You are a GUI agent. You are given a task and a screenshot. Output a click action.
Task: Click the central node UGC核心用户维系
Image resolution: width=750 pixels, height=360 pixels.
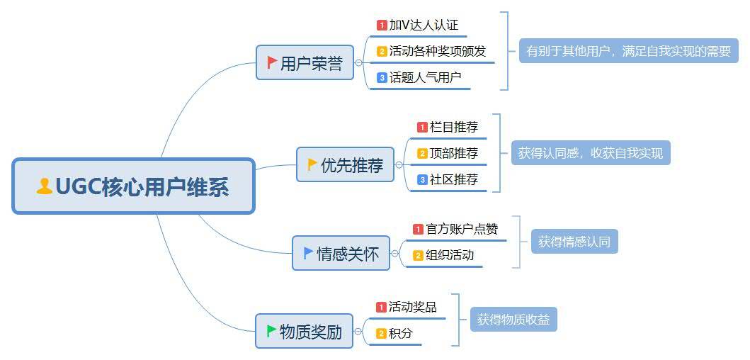133,186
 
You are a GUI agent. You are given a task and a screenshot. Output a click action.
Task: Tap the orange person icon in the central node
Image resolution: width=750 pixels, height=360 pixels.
45,186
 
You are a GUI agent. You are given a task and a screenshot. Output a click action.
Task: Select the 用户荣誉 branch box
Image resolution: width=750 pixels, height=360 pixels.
305,63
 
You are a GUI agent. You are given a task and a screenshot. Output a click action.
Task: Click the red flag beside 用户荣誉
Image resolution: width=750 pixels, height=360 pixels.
272,63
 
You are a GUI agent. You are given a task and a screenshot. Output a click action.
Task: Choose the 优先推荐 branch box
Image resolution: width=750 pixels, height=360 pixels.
345,165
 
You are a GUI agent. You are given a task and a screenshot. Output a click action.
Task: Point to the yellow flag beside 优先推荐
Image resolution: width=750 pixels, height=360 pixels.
312,164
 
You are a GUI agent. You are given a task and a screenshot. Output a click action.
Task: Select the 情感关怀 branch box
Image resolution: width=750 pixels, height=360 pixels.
341,253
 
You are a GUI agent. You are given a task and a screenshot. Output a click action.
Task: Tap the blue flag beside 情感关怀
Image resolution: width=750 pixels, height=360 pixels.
308,252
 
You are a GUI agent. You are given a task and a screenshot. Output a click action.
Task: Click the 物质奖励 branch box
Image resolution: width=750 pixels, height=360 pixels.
304,331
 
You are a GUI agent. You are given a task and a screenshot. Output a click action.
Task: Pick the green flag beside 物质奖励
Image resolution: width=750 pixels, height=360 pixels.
272,330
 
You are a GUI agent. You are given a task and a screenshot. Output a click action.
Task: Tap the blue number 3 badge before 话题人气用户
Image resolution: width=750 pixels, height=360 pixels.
382,77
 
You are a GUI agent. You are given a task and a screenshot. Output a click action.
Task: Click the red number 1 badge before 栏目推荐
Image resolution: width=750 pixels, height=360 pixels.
422,128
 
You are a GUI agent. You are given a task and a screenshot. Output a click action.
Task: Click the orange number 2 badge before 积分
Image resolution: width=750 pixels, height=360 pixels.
381,333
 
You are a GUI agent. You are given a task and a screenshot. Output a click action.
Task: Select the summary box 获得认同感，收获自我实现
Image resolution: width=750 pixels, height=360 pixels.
591,153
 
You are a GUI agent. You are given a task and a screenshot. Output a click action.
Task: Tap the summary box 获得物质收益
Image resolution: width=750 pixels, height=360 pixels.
513,319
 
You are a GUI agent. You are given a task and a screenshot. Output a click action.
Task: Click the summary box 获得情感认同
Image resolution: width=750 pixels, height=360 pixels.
574,242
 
